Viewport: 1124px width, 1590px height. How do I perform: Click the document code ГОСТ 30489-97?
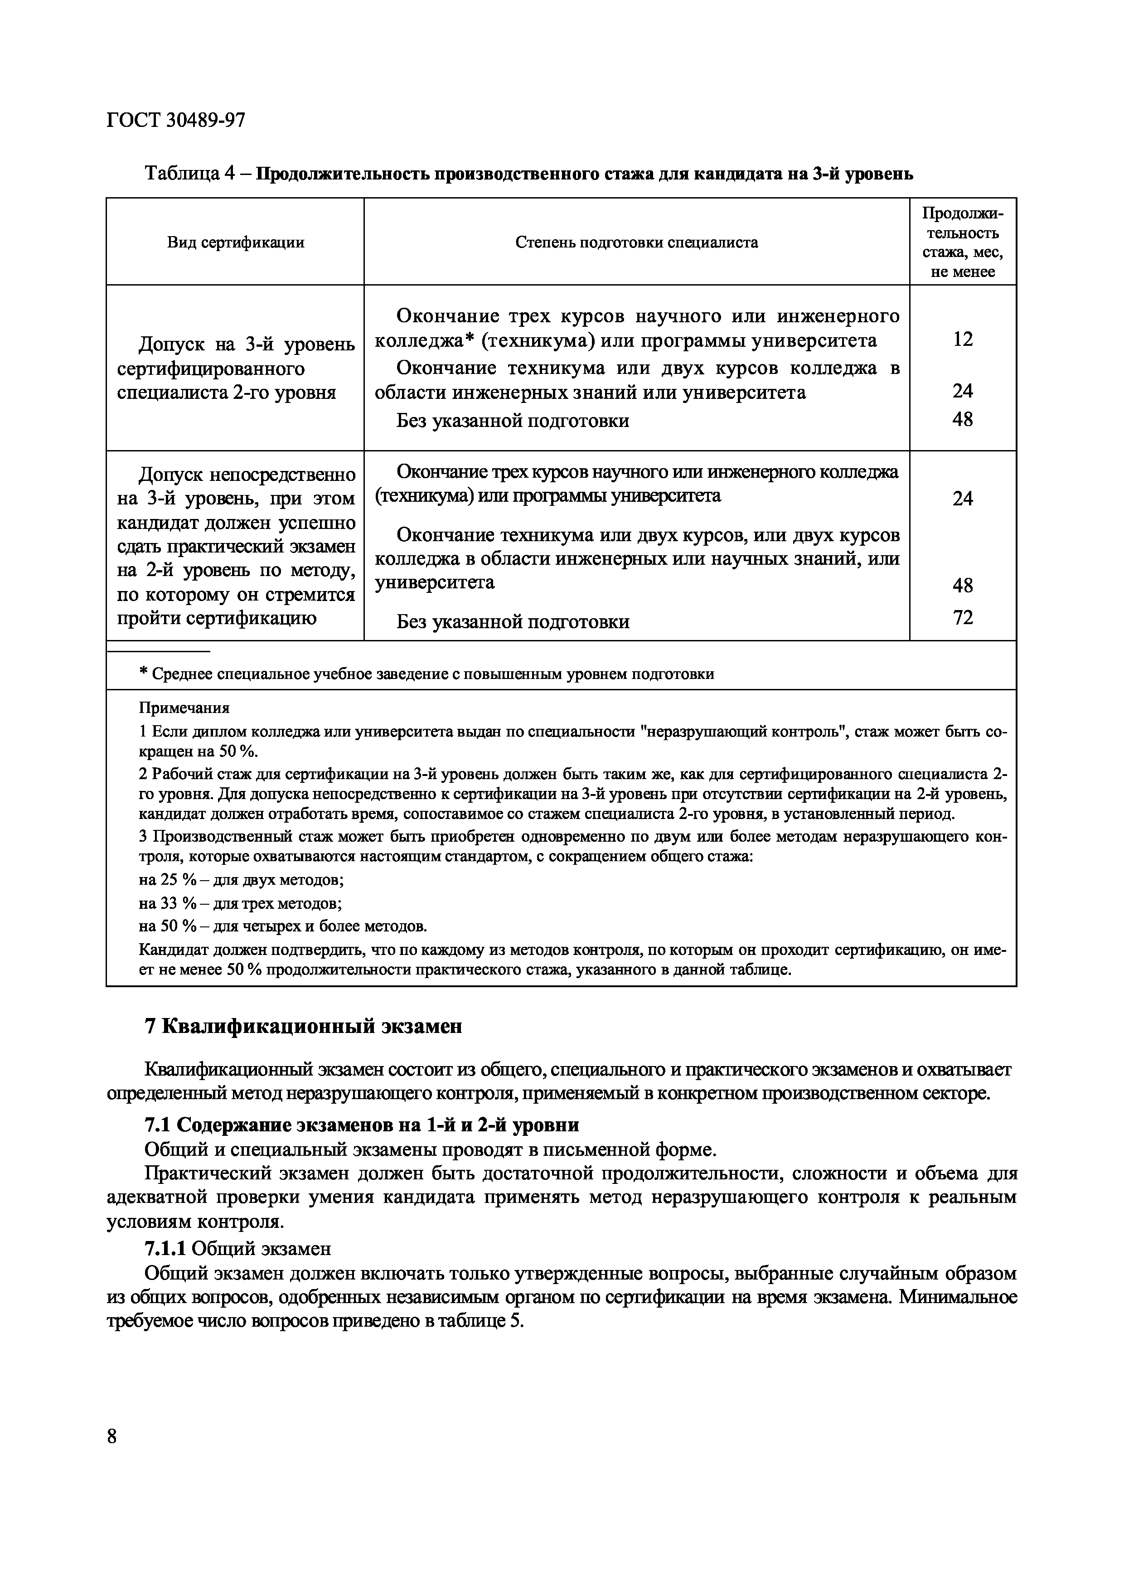176,121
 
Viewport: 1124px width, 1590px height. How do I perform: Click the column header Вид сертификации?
236,242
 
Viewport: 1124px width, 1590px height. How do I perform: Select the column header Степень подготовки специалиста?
636,242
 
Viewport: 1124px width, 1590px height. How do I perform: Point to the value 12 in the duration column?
963,339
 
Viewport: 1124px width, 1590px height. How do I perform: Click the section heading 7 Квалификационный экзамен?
303,1026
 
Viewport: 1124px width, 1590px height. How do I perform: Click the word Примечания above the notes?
184,708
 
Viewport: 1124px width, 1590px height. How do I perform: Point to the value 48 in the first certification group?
963,420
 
